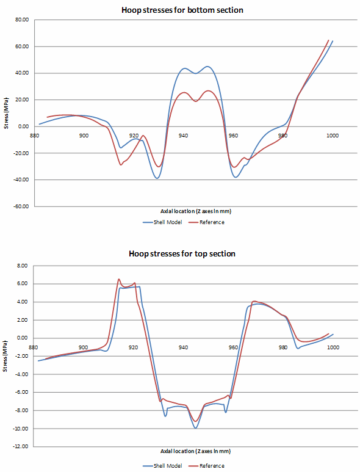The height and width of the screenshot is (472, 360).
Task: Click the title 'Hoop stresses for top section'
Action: click(x=182, y=253)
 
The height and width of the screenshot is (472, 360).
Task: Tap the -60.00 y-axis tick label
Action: click(x=21, y=206)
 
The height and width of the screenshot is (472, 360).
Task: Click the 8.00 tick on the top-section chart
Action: click(x=23, y=266)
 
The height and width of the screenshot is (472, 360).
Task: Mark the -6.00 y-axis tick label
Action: click(x=22, y=392)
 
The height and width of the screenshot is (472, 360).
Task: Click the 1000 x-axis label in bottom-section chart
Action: click(x=333, y=135)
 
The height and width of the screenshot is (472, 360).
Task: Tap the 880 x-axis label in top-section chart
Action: click(x=34, y=347)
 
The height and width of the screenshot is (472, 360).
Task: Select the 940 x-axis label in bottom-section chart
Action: click(x=183, y=135)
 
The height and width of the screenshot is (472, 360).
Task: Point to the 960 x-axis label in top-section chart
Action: click(x=233, y=347)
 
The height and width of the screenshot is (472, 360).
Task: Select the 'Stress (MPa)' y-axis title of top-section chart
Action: click(x=6, y=356)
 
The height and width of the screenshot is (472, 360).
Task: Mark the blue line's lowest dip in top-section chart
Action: click(x=196, y=427)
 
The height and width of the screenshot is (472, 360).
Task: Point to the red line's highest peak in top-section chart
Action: click(x=119, y=279)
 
